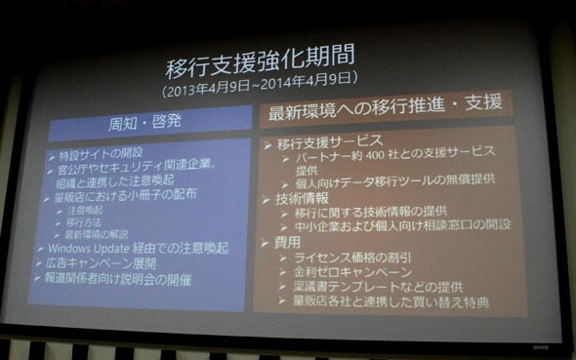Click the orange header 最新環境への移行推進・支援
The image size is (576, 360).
click(385, 108)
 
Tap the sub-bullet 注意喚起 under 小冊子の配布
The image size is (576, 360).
click(87, 211)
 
